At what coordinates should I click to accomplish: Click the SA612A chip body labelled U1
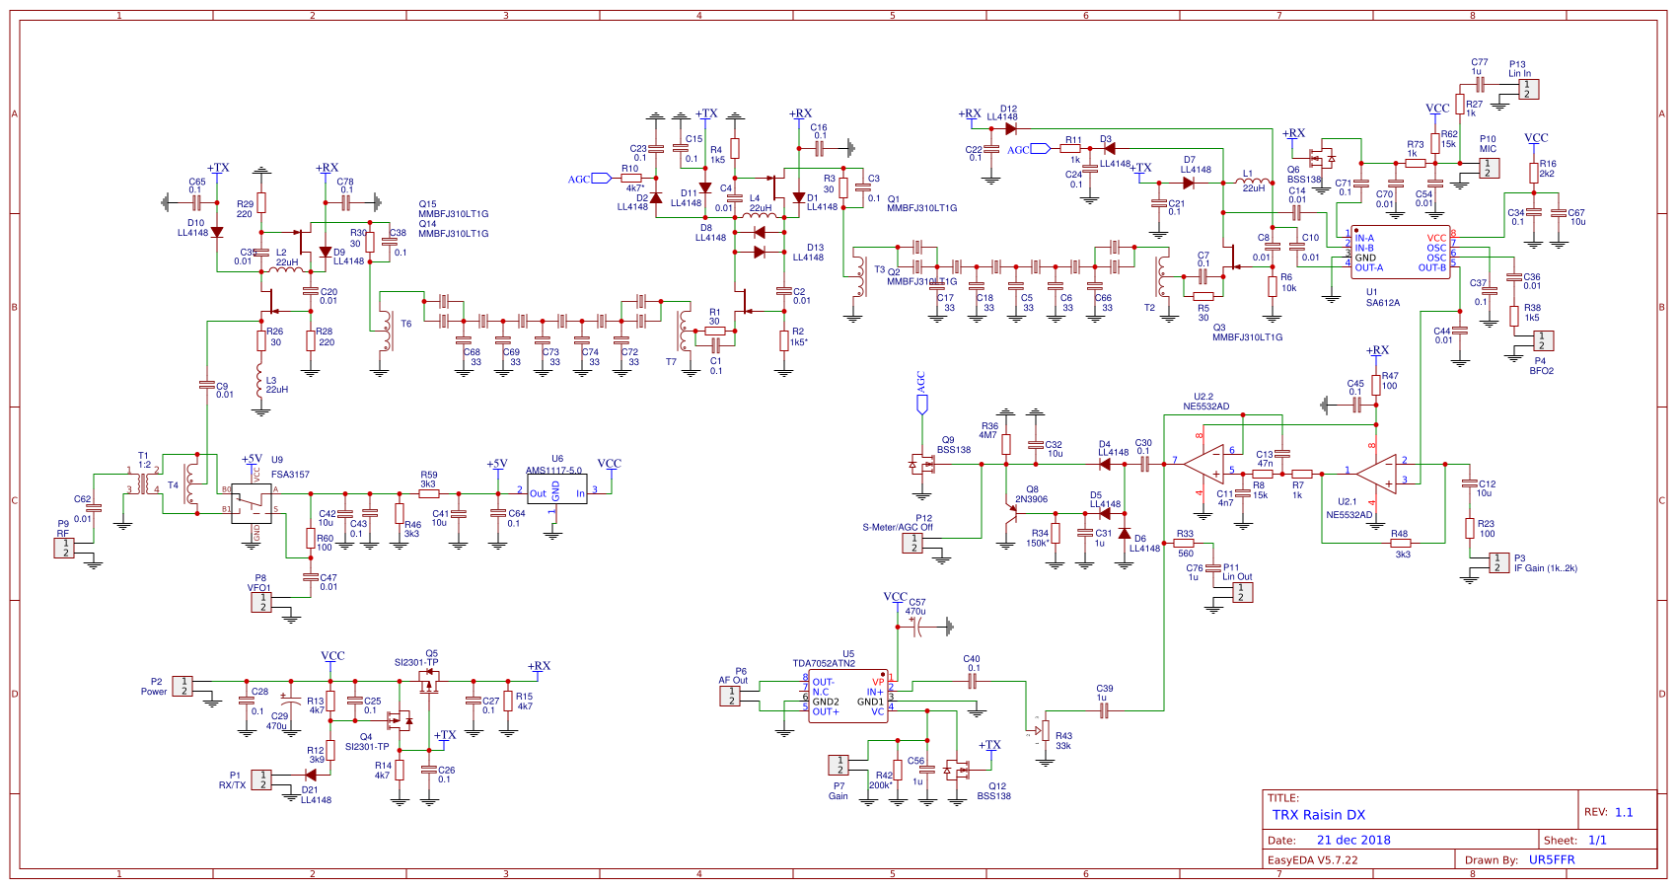1401,253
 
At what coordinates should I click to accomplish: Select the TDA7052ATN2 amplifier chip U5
848,697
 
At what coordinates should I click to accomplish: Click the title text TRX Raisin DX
1319,815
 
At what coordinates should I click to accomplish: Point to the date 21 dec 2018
1353,841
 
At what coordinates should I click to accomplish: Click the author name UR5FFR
1552,860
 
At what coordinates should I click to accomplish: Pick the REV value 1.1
1624,813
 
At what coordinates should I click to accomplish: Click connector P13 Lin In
1527,89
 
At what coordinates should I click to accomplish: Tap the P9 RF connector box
65,548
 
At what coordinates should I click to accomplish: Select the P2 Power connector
183,686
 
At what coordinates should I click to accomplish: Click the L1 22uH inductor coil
1253,183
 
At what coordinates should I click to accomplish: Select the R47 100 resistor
1376,386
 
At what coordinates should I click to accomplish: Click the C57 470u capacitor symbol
916,627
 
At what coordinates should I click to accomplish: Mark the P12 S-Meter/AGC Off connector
913,543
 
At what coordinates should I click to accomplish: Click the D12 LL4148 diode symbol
1010,128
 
